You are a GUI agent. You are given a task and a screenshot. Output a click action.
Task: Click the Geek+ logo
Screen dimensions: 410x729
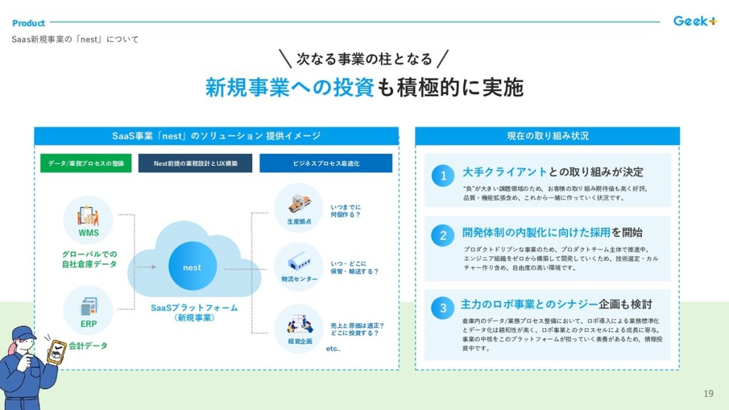point(695,21)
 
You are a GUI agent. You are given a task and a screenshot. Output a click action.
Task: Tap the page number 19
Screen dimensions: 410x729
point(708,394)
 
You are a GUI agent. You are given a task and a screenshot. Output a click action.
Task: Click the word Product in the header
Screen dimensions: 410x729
point(28,23)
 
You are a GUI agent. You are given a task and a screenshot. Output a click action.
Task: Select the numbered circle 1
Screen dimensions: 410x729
point(443,176)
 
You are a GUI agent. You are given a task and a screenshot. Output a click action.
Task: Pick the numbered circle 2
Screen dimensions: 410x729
point(443,236)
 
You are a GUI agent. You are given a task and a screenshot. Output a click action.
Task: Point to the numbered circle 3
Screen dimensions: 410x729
point(443,308)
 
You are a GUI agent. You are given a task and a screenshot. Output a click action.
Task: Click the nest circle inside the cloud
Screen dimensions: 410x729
point(192,268)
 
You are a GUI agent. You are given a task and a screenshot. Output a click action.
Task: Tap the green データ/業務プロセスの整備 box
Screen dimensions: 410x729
point(85,163)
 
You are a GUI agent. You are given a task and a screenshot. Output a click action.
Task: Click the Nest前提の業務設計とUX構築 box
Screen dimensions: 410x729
point(195,163)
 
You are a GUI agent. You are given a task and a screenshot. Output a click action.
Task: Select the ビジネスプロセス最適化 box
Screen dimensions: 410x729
point(325,163)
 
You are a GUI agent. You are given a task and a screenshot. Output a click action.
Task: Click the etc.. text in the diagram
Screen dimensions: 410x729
point(333,349)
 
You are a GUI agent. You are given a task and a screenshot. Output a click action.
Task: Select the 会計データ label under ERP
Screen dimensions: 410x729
point(89,346)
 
